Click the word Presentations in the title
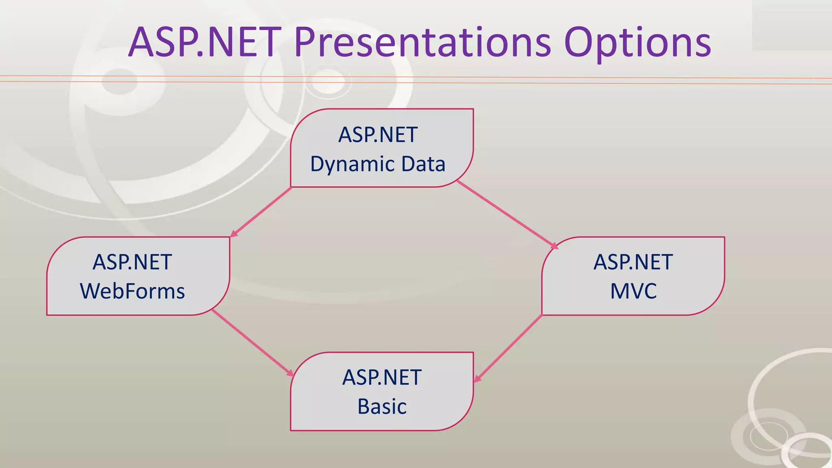click(x=422, y=42)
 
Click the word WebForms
click(x=132, y=291)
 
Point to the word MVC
click(x=633, y=291)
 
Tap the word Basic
click(x=382, y=407)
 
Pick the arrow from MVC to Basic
click(x=509, y=348)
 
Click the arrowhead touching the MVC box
click(x=554, y=245)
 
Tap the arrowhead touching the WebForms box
click(x=234, y=233)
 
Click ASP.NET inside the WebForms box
click(x=132, y=262)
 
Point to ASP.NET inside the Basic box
click(x=382, y=377)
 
